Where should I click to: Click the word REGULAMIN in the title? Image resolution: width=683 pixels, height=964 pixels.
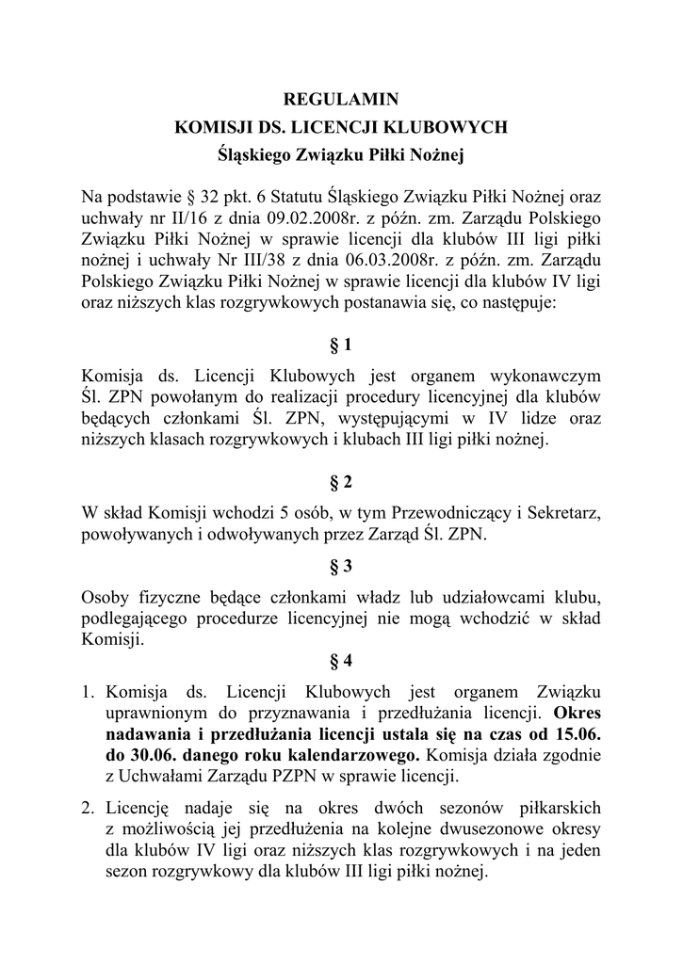pos(341,98)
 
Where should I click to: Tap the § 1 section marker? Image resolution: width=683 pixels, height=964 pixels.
pos(341,345)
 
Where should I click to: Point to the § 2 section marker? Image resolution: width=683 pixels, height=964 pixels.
pos(341,483)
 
